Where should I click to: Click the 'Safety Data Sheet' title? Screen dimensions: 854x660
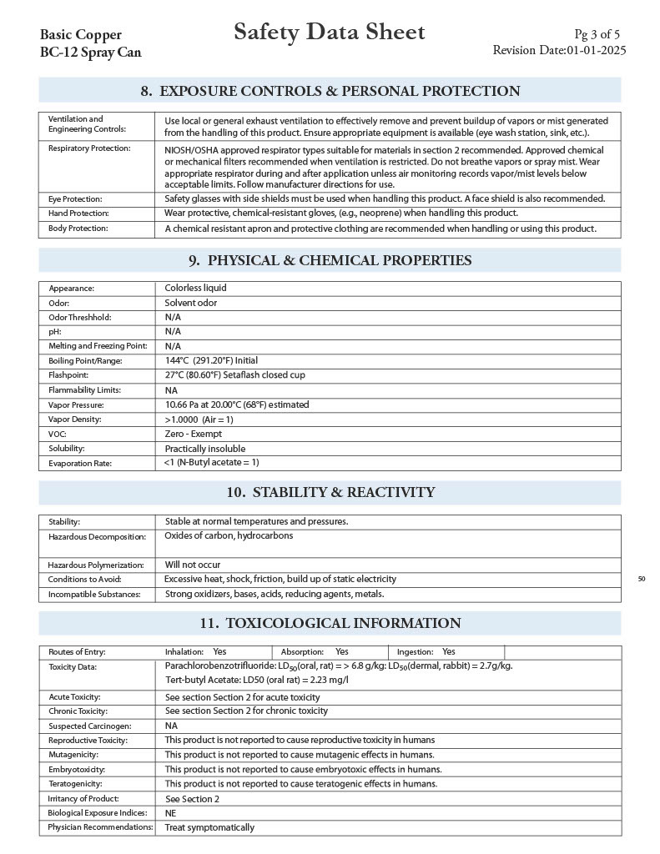click(329, 33)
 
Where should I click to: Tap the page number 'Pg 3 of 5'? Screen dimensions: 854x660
click(597, 34)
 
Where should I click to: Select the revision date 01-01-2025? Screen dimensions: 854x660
click(596, 50)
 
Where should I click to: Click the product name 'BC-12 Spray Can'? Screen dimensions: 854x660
click(90, 53)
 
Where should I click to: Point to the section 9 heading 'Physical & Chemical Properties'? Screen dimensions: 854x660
click(330, 260)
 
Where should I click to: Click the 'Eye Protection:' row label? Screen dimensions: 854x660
click(75, 199)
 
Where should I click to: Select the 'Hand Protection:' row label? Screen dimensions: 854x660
click(78, 213)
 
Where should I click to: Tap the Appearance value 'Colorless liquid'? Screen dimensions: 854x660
click(195, 288)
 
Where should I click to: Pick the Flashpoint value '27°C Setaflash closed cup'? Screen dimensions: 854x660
click(234, 375)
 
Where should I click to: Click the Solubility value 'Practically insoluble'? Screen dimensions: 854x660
click(204, 449)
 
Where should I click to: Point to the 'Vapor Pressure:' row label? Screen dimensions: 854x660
click(76, 404)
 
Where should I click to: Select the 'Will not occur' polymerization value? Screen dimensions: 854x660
click(192, 565)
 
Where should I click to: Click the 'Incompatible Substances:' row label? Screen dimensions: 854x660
click(94, 595)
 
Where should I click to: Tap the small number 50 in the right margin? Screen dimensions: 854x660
click(641, 579)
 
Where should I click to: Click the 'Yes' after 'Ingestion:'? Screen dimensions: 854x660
click(449, 651)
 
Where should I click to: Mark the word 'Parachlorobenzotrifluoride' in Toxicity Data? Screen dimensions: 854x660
click(219, 666)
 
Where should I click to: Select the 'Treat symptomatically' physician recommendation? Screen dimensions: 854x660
click(209, 827)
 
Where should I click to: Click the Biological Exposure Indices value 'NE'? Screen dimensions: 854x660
click(170, 813)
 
